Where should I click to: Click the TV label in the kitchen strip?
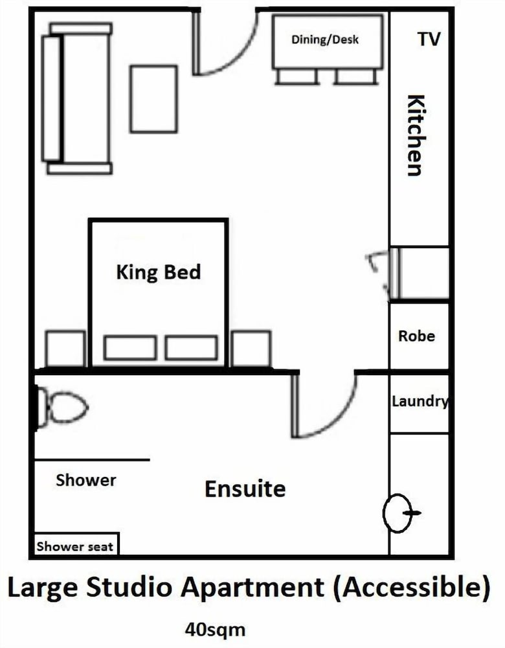(x=429, y=40)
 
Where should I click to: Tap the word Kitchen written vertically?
(x=416, y=135)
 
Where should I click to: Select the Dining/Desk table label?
(x=325, y=40)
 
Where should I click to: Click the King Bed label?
(x=159, y=272)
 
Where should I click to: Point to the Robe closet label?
(x=417, y=336)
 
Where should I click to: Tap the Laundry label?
(x=420, y=401)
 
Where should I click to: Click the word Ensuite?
(x=245, y=489)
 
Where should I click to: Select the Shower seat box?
(x=76, y=544)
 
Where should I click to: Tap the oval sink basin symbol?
(x=398, y=513)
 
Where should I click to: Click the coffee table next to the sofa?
(x=154, y=98)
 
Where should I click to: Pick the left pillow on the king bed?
(x=130, y=347)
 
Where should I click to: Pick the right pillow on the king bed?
(x=191, y=347)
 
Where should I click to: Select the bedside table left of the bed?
(x=65, y=349)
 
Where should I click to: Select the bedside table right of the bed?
(x=251, y=349)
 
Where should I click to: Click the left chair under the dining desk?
(x=297, y=77)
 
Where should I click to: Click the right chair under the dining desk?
(x=356, y=77)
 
